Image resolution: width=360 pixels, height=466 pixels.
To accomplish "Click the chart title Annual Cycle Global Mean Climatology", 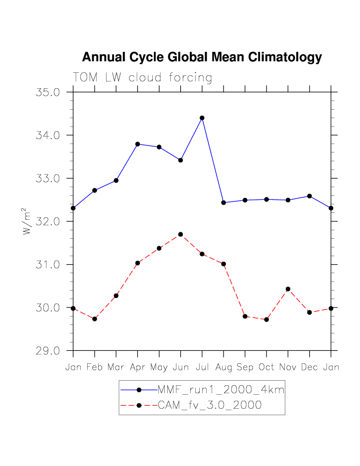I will click(x=202, y=57).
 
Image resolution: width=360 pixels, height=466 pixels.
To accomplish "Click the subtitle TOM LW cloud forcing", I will click(x=142, y=78).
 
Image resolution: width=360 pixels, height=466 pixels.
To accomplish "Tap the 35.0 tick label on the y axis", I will click(x=48, y=93).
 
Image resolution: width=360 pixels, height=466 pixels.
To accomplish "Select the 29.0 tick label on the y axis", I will click(x=48, y=351).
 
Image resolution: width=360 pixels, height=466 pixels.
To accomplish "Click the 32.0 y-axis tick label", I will click(x=48, y=222).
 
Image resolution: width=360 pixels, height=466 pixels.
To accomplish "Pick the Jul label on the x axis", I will click(x=202, y=367).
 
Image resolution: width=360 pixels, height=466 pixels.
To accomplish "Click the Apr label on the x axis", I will click(x=137, y=367).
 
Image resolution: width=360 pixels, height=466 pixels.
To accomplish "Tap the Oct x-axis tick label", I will click(x=266, y=367).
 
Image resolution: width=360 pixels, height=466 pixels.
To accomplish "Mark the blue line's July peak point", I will click(x=202, y=118).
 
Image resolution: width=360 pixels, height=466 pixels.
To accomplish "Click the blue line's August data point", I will click(x=224, y=202).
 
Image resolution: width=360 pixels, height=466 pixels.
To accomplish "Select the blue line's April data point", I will click(x=137, y=144).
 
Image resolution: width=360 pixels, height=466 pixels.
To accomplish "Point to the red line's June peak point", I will click(x=181, y=234).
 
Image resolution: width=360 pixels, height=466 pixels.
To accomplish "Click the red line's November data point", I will click(x=288, y=289).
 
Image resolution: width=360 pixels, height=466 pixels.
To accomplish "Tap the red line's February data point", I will click(x=95, y=319).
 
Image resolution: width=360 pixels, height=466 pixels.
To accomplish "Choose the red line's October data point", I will click(x=266, y=319).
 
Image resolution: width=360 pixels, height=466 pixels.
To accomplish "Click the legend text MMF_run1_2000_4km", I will click(x=221, y=390).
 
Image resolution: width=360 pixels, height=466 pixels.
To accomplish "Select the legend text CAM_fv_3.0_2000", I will click(x=210, y=405).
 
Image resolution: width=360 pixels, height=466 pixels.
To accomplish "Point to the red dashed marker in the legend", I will click(x=139, y=405).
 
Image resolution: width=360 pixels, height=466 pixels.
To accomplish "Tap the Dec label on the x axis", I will click(x=309, y=367).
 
